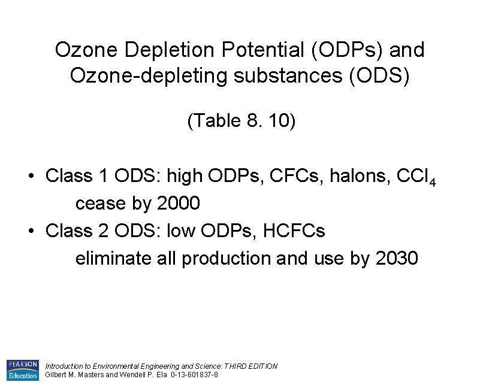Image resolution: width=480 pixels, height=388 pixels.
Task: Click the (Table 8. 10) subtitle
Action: click(x=241, y=121)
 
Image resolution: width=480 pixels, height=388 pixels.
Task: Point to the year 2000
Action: click(x=177, y=204)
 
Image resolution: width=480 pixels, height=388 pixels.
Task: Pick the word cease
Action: click(x=101, y=204)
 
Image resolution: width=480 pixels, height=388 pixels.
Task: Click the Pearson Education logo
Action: click(x=22, y=370)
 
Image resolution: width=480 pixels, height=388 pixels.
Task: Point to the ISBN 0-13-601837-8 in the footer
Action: click(x=194, y=375)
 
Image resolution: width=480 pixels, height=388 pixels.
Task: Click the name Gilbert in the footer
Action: click(x=56, y=375)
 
